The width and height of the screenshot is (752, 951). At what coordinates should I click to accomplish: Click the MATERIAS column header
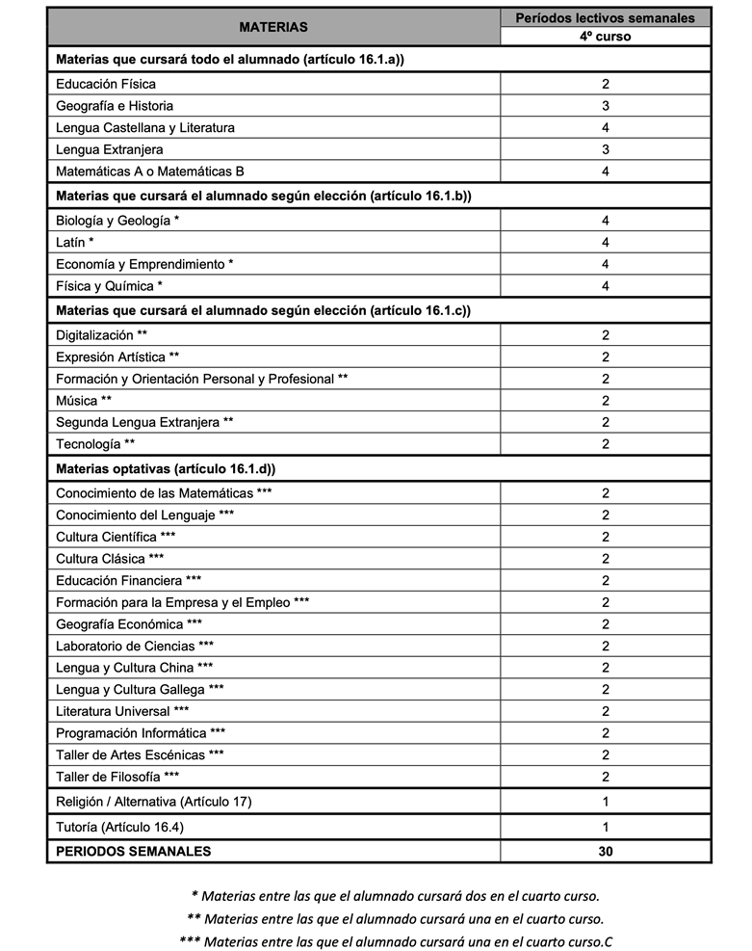click(273, 27)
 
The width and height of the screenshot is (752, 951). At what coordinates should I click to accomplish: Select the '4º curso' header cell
click(606, 37)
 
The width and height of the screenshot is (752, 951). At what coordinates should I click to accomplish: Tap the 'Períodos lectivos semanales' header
click(606, 17)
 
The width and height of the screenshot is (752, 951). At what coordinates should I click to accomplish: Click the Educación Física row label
click(106, 84)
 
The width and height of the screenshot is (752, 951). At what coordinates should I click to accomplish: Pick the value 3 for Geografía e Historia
click(606, 106)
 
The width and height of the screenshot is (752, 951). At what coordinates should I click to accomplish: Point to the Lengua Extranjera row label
click(110, 149)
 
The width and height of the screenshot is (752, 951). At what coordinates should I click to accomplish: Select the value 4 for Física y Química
click(606, 286)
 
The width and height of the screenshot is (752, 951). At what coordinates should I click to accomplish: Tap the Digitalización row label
click(102, 335)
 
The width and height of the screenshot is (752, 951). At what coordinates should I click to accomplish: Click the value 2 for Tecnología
click(606, 444)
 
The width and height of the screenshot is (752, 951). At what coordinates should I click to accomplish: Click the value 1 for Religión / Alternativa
click(606, 802)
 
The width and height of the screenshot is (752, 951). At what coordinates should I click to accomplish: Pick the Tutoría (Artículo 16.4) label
click(119, 827)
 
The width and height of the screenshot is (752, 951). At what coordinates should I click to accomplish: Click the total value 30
click(606, 851)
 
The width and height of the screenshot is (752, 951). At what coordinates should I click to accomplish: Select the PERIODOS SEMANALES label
click(134, 851)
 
